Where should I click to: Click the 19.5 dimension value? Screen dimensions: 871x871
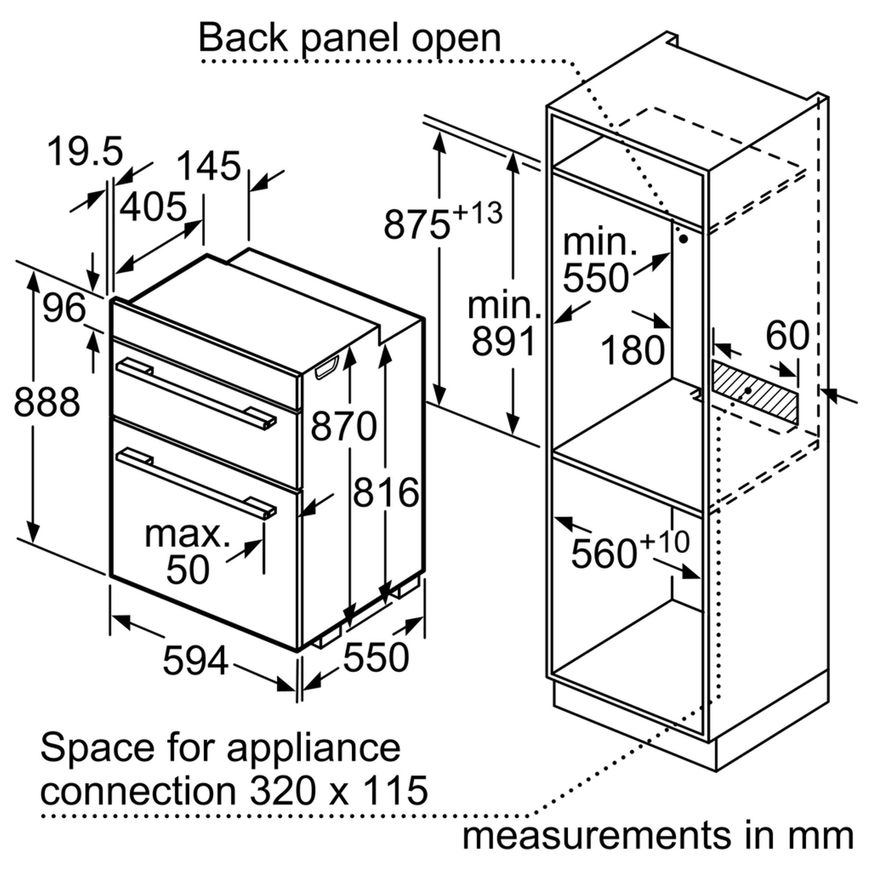(x=85, y=152)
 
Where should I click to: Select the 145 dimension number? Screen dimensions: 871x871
(x=209, y=166)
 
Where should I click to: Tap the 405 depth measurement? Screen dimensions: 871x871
(x=153, y=207)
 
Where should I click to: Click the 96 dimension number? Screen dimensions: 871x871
(x=64, y=309)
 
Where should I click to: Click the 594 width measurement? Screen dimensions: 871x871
(x=195, y=661)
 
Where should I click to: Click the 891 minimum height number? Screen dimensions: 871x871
(x=503, y=341)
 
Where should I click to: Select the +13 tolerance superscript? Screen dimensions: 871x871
(x=477, y=213)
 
